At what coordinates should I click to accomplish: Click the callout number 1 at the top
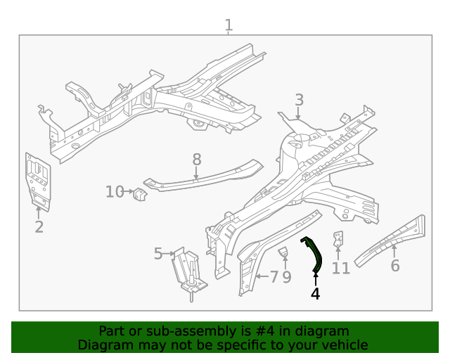tap(229, 26)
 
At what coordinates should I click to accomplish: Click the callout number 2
tap(39, 226)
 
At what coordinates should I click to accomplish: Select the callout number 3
tap(299, 100)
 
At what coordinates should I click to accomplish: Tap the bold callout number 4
tap(315, 294)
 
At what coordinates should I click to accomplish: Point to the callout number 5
tap(158, 253)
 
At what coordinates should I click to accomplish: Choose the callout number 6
tap(394, 266)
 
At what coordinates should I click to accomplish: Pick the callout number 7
tap(274, 277)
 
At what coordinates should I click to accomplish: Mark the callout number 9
tap(287, 277)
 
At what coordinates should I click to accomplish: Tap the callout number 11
tap(340, 268)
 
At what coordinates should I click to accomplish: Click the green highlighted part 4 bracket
tap(314, 255)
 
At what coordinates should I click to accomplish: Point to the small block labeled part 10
tap(140, 193)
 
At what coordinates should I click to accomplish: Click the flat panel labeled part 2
tap(37, 181)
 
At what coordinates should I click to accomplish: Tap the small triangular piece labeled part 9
tap(284, 252)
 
